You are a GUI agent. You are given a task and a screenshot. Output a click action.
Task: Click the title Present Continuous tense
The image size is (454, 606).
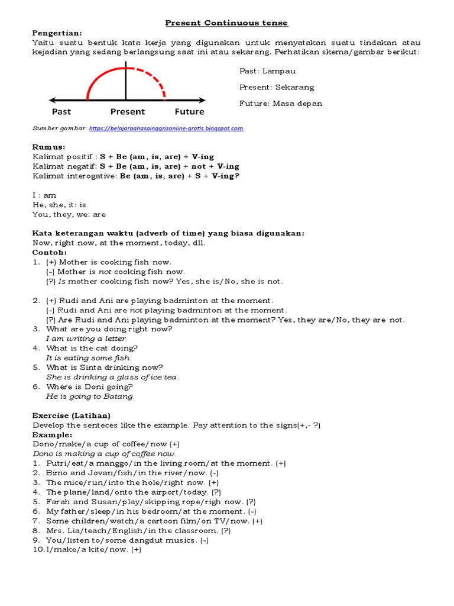coord(226,23)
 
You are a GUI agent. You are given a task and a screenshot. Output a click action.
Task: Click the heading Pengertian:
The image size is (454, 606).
coord(57,33)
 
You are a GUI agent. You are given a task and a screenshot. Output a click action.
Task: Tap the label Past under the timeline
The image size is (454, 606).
coord(61,112)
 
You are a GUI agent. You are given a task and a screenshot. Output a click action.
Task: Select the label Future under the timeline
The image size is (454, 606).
coord(189,112)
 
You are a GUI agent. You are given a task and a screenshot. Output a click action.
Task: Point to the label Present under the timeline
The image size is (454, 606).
coord(127,112)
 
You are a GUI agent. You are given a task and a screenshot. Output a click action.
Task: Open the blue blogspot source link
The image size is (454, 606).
coord(166,128)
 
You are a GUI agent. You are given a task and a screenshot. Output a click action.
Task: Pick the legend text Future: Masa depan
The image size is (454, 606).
coord(281,104)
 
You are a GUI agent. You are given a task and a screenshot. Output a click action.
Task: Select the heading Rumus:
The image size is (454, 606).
coord(49,147)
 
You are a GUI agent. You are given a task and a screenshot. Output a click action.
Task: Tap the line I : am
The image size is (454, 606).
coord(44,195)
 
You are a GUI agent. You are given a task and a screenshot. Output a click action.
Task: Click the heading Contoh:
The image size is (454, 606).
coord(50,253)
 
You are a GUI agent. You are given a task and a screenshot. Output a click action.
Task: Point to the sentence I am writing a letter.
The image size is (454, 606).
coord(86,339)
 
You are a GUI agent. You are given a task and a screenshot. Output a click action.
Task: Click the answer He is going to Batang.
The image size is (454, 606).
coord(90,397)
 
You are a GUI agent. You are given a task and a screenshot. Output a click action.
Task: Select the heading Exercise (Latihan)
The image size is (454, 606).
coord(72,415)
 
